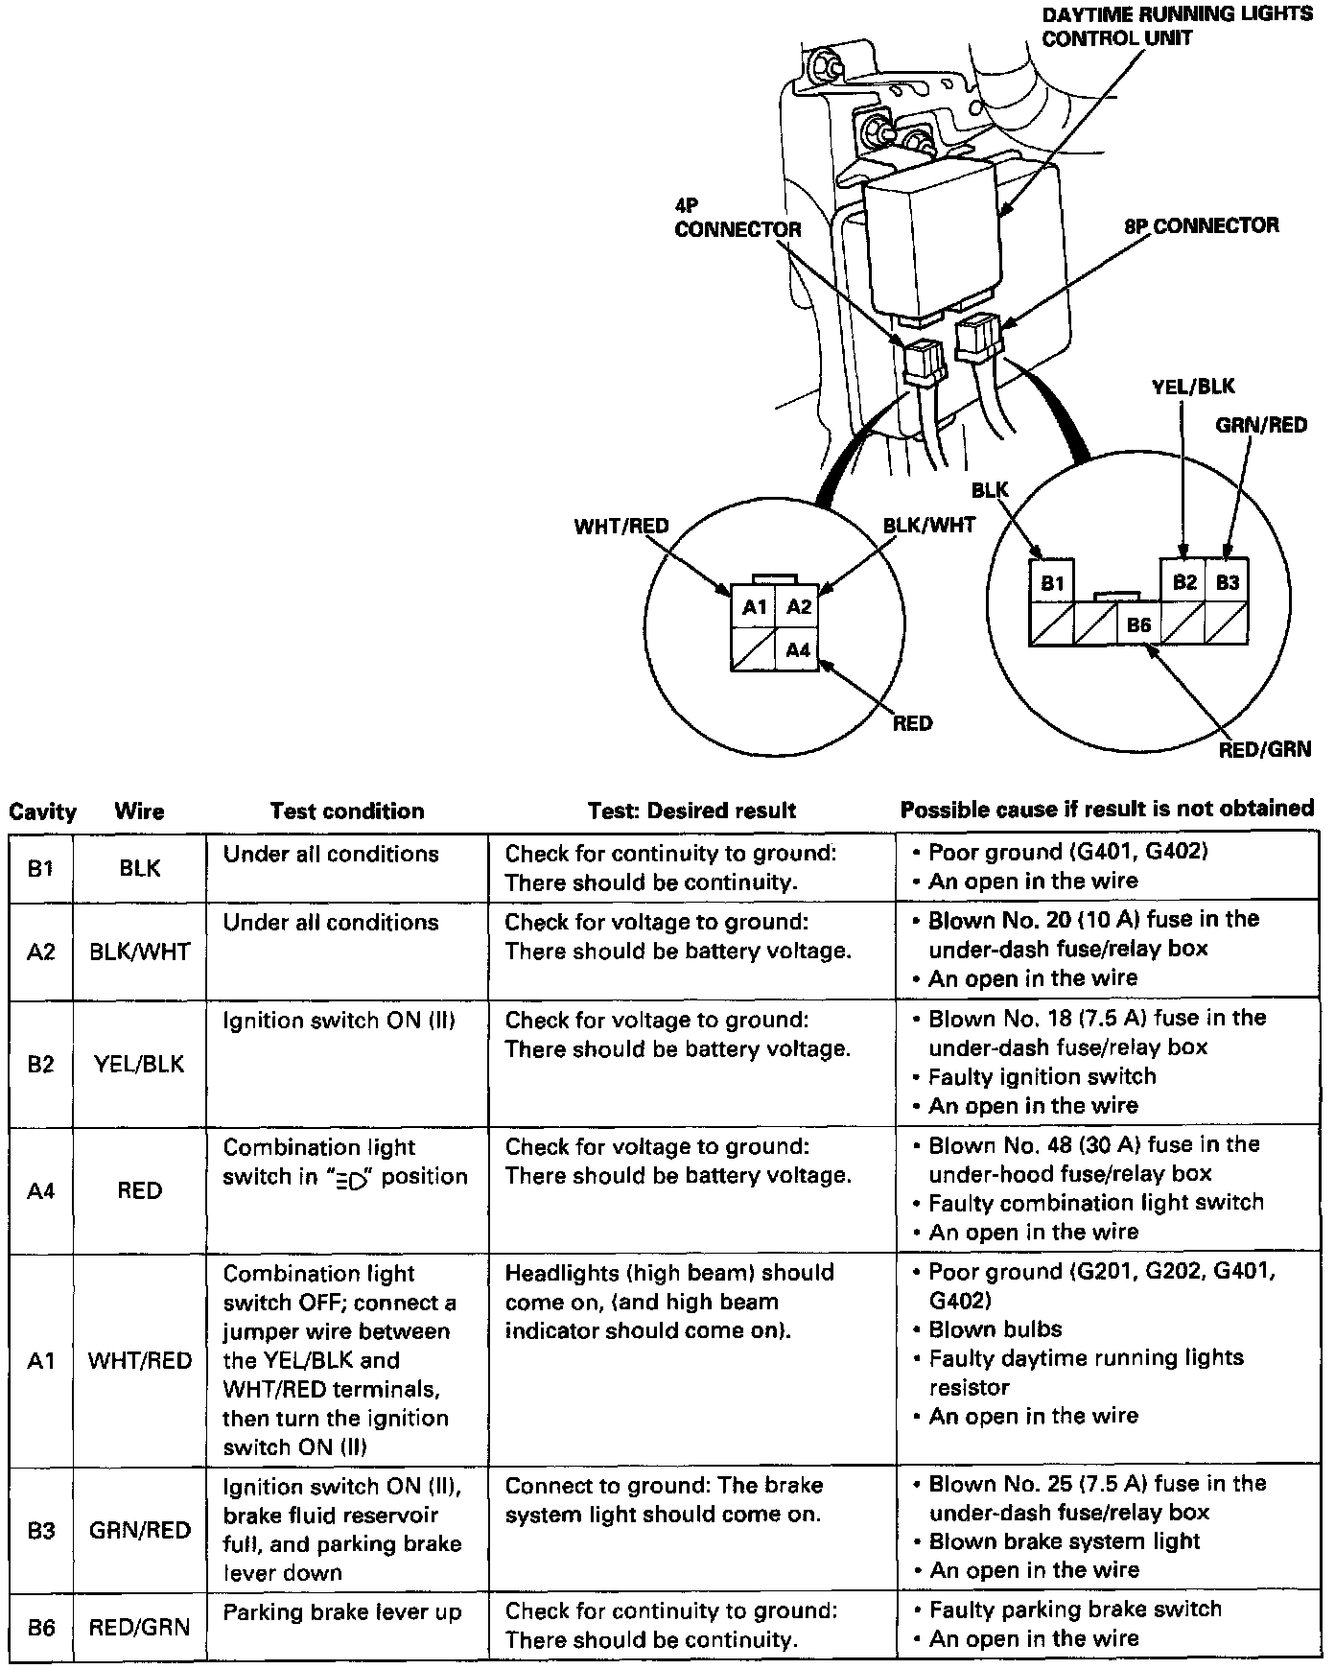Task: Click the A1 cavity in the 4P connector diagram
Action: pos(754,607)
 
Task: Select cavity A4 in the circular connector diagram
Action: pos(798,650)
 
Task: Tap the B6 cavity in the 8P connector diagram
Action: pos(1138,625)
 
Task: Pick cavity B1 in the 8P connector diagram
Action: pos(1052,582)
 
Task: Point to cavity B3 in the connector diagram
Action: pos(1227,582)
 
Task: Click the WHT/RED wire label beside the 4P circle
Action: pos(621,527)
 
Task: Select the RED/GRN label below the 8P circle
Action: pos(1264,749)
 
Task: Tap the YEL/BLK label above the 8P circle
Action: pos(1193,387)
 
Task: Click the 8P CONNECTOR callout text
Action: pos(1201,226)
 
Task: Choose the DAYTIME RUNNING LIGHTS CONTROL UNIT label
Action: pos(1176,26)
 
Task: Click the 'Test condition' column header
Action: pos(346,811)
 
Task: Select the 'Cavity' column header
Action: pos(42,812)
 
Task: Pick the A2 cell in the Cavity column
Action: pos(41,952)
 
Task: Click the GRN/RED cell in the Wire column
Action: pos(140,1530)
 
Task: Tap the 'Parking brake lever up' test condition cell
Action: pos(342,1612)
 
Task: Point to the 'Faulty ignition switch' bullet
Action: pos(1042,1076)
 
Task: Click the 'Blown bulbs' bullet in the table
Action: pos(995,1329)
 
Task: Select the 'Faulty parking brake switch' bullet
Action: pos(1075,1610)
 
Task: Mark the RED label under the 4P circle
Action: pos(911,723)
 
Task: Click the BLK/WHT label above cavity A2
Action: pos(928,525)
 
